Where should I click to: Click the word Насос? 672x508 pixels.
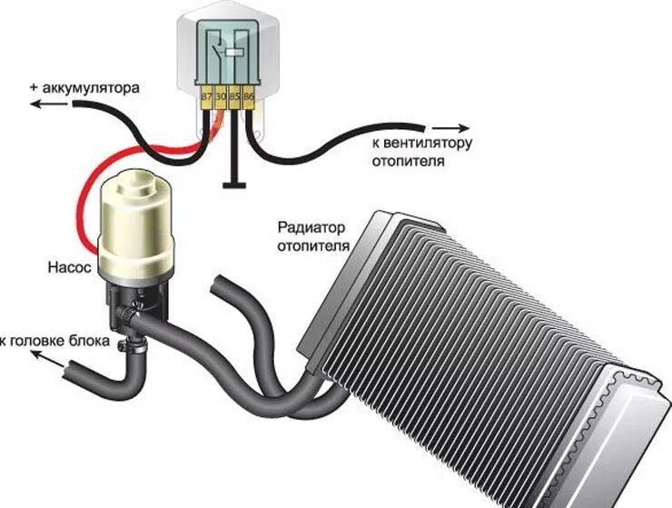65,268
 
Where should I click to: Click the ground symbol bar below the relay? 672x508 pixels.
233,184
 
